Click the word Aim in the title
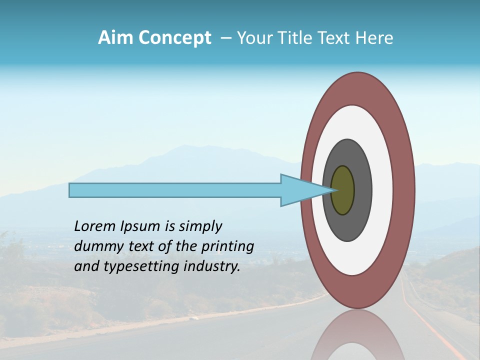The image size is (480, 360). coord(116,38)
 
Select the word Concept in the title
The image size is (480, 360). coord(174,38)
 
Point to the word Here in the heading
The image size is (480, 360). coord(374,38)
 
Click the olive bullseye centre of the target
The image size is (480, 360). coord(342,190)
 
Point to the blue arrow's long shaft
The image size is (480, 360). coord(175,190)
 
